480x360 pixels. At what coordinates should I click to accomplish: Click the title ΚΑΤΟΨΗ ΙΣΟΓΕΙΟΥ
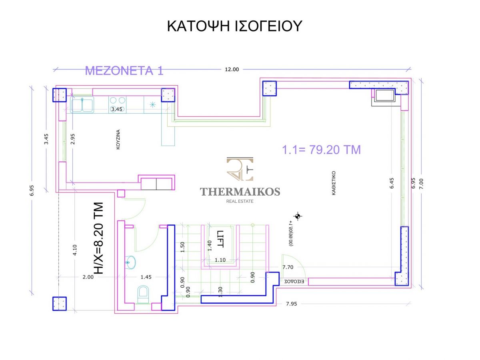[x=234, y=26]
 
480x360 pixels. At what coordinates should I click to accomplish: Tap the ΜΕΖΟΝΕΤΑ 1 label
[x=124, y=71]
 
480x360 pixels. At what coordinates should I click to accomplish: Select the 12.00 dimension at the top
[x=232, y=70]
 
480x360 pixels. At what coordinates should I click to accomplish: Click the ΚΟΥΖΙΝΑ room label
[x=118, y=140]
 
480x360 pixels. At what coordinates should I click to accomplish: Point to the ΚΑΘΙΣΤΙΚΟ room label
[x=334, y=183]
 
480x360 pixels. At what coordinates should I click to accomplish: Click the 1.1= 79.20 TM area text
[x=321, y=150]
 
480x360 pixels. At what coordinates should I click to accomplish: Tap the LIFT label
[x=220, y=239]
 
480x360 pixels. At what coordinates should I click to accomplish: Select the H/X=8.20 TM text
[x=98, y=238]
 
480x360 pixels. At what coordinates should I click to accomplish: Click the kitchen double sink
[x=82, y=105]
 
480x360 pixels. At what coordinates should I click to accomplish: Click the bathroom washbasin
[x=130, y=262]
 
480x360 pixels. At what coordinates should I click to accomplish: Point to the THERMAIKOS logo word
[x=240, y=192]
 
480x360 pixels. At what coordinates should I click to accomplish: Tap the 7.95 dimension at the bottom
[x=292, y=304]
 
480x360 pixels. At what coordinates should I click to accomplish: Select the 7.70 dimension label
[x=288, y=267]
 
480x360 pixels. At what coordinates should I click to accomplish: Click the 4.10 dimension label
[x=75, y=250]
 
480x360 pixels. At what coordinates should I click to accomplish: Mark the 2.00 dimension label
[x=88, y=277]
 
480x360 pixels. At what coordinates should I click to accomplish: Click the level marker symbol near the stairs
[x=298, y=216]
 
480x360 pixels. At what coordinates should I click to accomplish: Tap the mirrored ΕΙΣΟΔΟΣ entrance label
[x=294, y=282]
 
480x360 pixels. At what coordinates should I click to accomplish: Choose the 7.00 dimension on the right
[x=421, y=184]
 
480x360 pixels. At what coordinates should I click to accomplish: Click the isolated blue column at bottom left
[x=60, y=304]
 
